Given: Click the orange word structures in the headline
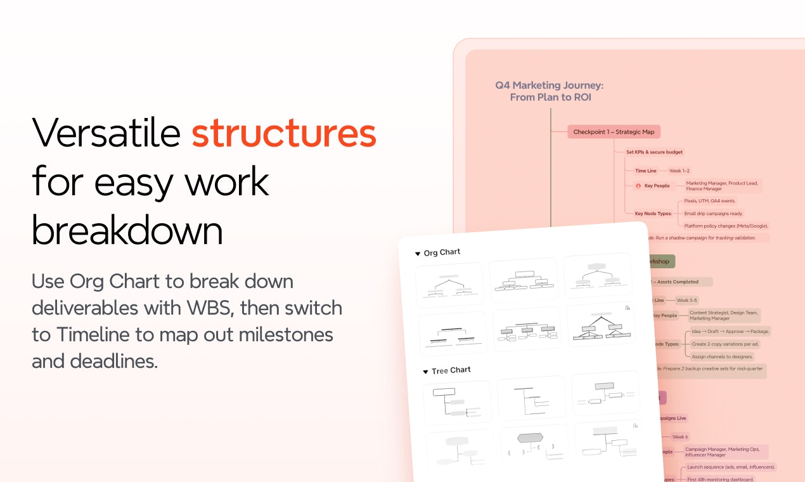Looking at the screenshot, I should tap(284, 133).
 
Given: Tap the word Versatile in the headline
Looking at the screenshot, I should tap(106, 133).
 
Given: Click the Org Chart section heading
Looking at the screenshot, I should tap(442, 252).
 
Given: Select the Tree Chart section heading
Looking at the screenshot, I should tap(451, 370).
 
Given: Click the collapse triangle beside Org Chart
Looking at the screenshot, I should tap(418, 254).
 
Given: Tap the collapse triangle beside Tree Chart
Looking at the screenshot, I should tap(426, 372).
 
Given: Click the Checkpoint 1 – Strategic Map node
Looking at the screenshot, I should tap(614, 132).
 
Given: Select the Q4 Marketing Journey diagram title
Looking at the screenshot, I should tap(550, 91).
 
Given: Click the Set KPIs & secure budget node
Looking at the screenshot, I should tap(654, 152).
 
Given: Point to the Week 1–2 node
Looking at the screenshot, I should tap(679, 171).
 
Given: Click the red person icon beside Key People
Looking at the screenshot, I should tap(638, 186).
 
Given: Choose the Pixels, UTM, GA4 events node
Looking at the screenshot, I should tap(709, 201).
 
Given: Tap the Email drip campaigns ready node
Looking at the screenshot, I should tap(713, 214).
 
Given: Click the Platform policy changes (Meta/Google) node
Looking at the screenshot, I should tap(726, 226).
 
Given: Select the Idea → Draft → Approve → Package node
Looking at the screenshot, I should tap(730, 331).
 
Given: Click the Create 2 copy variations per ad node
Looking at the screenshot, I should tap(725, 344).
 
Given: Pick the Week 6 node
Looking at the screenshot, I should tap(679, 437).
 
